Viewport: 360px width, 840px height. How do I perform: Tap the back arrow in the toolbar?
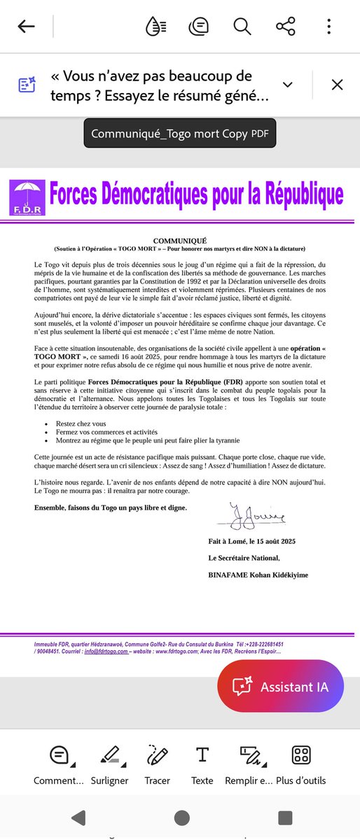(26, 27)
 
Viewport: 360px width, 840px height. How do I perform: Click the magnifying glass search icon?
(242, 27)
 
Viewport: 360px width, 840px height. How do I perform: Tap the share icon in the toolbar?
(285, 27)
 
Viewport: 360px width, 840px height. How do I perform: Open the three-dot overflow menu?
(328, 27)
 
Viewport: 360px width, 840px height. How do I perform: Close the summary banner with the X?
(337, 85)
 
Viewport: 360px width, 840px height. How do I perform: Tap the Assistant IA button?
(280, 687)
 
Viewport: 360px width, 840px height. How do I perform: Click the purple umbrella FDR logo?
(27, 197)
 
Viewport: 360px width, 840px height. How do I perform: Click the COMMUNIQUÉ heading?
(181, 240)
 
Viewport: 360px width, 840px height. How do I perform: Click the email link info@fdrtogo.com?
(106, 651)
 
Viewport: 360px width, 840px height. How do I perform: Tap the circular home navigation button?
(181, 818)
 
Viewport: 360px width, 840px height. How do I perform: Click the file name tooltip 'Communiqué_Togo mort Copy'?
(179, 132)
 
